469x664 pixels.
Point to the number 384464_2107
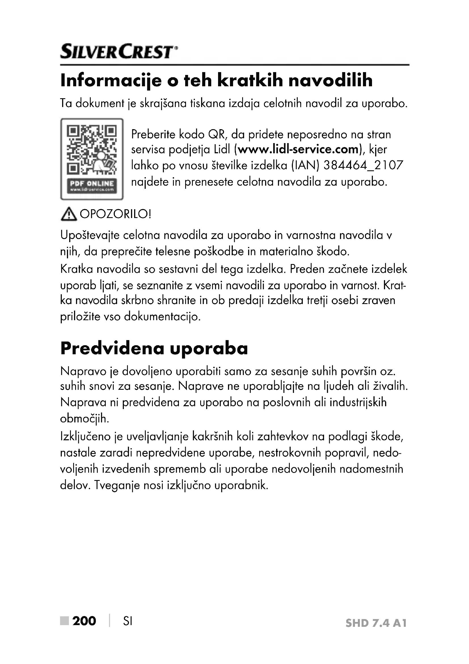tap(363, 166)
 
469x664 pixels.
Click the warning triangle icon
tap(69, 214)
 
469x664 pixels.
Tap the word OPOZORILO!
tap(115, 214)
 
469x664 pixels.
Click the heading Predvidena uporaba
tap(154, 349)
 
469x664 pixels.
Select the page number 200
tap(84, 621)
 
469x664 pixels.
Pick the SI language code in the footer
tap(128, 621)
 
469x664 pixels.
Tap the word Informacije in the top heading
tap(111, 81)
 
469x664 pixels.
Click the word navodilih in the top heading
tap(330, 81)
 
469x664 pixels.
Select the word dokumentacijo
tap(162, 317)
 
